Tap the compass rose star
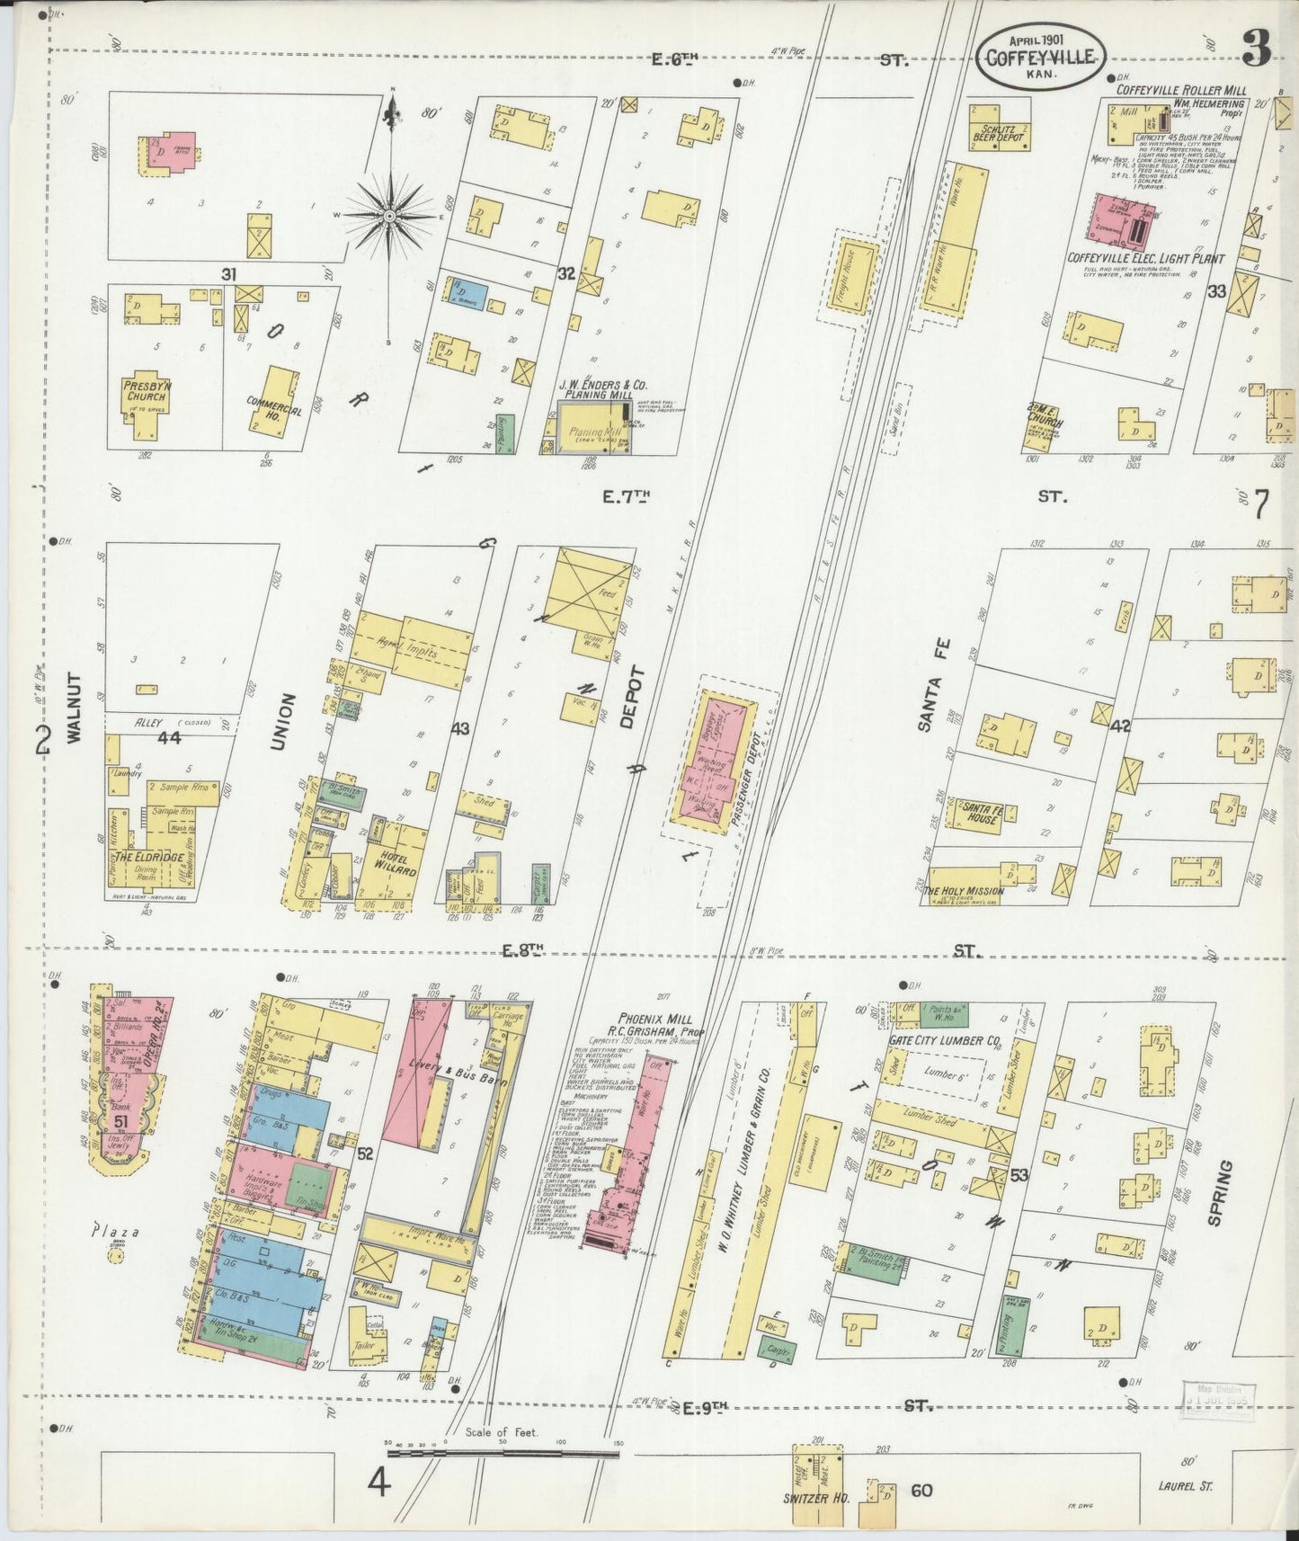(389, 217)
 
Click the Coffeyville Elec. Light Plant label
(1145, 258)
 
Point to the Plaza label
(114, 1233)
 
